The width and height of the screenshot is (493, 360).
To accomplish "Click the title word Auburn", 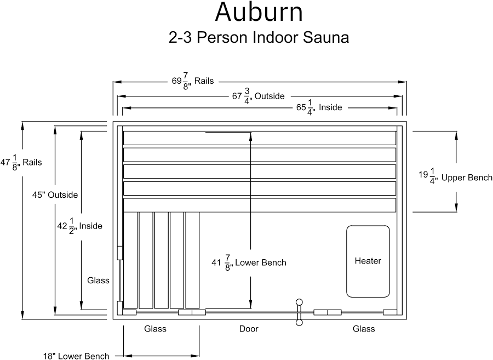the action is [259, 12].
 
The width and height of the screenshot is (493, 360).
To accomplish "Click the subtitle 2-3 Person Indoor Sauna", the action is [259, 37].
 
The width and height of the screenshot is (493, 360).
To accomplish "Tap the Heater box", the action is [368, 261].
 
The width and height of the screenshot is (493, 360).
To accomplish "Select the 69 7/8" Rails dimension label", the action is [192, 81].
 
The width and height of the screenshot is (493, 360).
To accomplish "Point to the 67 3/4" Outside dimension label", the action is [258, 96].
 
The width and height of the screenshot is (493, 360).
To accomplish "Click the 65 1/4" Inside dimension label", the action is [319, 107].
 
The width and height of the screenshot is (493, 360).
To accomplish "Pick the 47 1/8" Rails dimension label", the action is [21, 163].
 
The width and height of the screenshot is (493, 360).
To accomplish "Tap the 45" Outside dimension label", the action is [55, 195].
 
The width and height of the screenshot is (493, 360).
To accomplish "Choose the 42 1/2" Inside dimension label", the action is [80, 226].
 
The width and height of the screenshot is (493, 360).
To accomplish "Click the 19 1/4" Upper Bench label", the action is [455, 178].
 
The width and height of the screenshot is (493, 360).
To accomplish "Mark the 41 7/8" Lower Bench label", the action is [249, 263].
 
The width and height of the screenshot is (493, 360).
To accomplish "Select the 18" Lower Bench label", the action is [76, 356].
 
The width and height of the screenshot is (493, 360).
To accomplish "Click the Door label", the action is [249, 329].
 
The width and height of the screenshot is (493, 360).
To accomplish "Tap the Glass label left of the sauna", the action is [98, 281].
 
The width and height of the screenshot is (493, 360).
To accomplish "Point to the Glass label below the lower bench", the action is [155, 329].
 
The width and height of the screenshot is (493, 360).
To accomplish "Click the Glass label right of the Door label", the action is [364, 329].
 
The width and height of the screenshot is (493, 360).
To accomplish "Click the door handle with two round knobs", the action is [299, 312].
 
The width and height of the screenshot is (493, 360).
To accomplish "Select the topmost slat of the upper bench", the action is [260, 138].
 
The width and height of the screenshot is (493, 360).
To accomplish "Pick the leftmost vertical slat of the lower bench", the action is [130, 260].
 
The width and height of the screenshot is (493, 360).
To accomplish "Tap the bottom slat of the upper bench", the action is [260, 205].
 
